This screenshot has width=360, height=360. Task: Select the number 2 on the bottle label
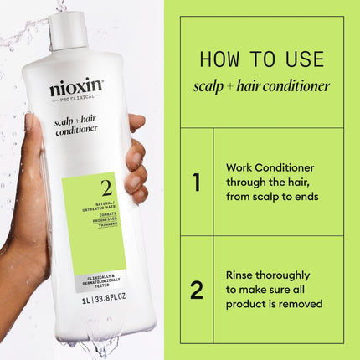(x=105, y=188)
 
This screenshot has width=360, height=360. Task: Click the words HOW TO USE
(x=261, y=59)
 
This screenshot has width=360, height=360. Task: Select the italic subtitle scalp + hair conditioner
(x=261, y=86)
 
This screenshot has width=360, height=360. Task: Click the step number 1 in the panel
(x=196, y=182)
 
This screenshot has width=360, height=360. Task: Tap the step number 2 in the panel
(x=196, y=290)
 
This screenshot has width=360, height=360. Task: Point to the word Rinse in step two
(x=242, y=274)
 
